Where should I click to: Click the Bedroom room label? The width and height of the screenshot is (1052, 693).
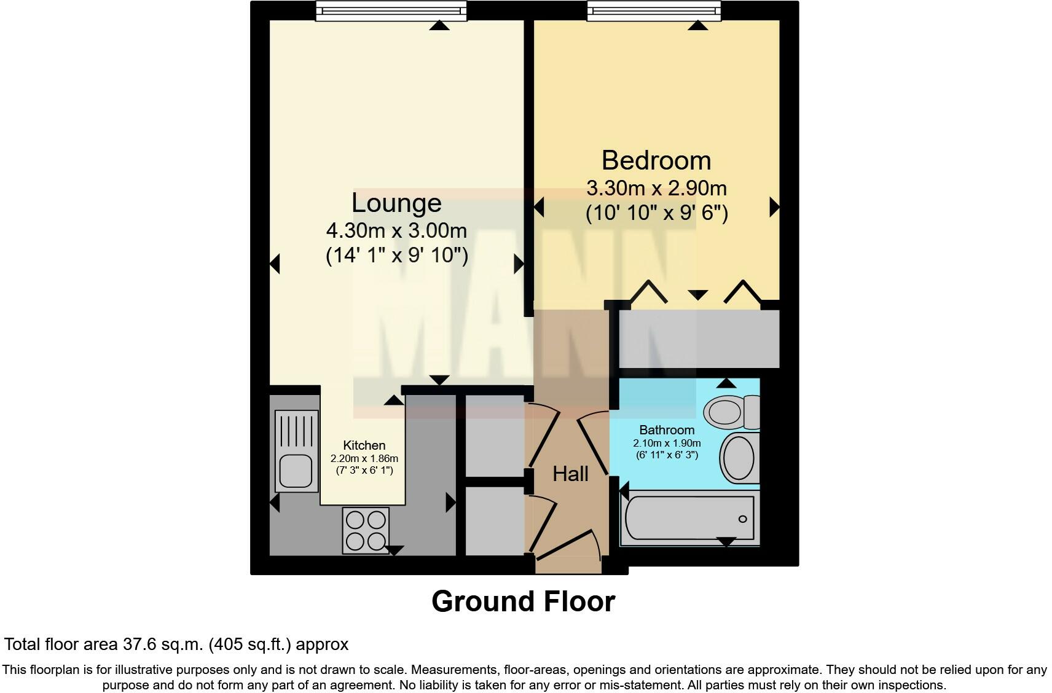[x=656, y=161]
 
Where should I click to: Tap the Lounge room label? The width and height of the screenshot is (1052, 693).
[x=396, y=203]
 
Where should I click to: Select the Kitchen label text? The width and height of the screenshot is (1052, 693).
[x=364, y=445]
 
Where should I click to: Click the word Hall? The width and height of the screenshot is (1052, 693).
[x=570, y=474]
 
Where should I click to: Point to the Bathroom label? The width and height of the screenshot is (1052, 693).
[x=667, y=430]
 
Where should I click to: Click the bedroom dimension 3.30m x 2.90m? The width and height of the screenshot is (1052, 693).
[x=656, y=187]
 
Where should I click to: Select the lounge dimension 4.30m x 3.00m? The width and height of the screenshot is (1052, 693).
[x=396, y=231]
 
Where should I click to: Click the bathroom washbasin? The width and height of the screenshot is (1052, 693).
[x=739, y=458]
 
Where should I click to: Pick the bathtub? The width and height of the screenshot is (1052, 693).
[x=688, y=519]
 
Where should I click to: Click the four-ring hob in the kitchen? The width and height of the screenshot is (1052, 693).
[x=366, y=530]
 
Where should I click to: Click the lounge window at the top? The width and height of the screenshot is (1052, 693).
[x=391, y=10]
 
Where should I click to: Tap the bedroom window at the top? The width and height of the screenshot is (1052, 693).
[x=653, y=10]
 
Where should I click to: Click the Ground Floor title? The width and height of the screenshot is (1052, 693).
[x=523, y=601]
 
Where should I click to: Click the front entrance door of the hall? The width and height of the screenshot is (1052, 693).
[x=569, y=547]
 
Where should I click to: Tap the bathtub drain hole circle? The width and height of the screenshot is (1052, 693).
[x=742, y=519]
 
